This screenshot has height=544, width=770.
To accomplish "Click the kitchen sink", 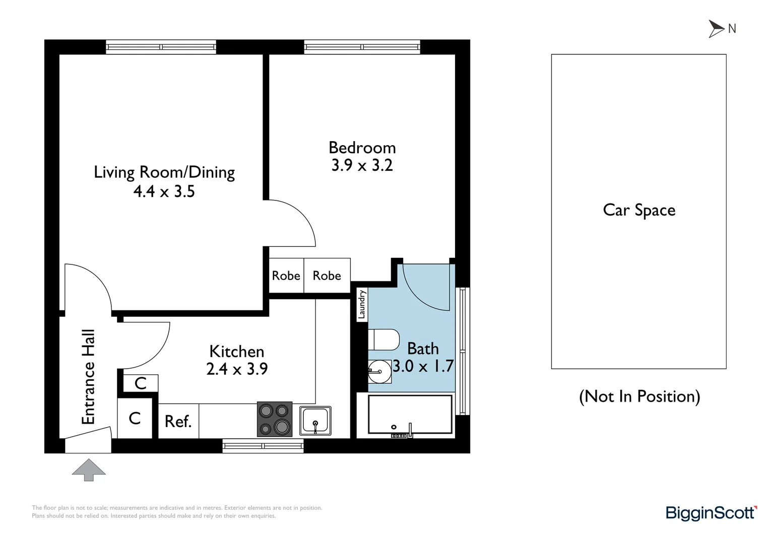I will click(x=315, y=420).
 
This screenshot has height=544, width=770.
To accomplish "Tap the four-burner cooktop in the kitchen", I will click(x=275, y=419).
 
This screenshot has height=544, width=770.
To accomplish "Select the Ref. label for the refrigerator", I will click(x=178, y=421).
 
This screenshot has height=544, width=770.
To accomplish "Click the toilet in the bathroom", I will click(x=384, y=339).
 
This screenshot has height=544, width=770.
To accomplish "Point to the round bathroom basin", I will click(x=379, y=372).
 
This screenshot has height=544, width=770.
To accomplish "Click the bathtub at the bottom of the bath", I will click(x=410, y=414).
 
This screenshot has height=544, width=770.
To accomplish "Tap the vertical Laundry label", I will click(x=361, y=305).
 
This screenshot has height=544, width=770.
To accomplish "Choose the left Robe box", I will click(x=286, y=276).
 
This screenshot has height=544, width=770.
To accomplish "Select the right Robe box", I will click(x=327, y=276).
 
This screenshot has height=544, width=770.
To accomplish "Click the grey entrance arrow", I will click(x=89, y=469).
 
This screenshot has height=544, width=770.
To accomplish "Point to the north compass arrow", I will click(x=716, y=29).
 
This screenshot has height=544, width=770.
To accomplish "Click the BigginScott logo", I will click(x=711, y=513).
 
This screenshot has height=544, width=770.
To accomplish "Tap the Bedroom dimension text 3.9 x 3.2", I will click(x=362, y=165).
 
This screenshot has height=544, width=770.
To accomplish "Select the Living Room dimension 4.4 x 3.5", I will click(x=164, y=191).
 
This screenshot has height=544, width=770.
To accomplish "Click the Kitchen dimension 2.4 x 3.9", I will click(x=237, y=369).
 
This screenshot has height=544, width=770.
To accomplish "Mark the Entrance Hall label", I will click(x=88, y=377).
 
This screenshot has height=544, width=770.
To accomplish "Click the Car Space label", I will click(x=639, y=210).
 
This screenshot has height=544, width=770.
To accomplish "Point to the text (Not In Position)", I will click(x=639, y=396).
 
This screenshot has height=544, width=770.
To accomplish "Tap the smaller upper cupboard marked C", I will click(x=141, y=383).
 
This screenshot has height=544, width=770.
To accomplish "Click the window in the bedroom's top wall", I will click(x=362, y=47).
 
